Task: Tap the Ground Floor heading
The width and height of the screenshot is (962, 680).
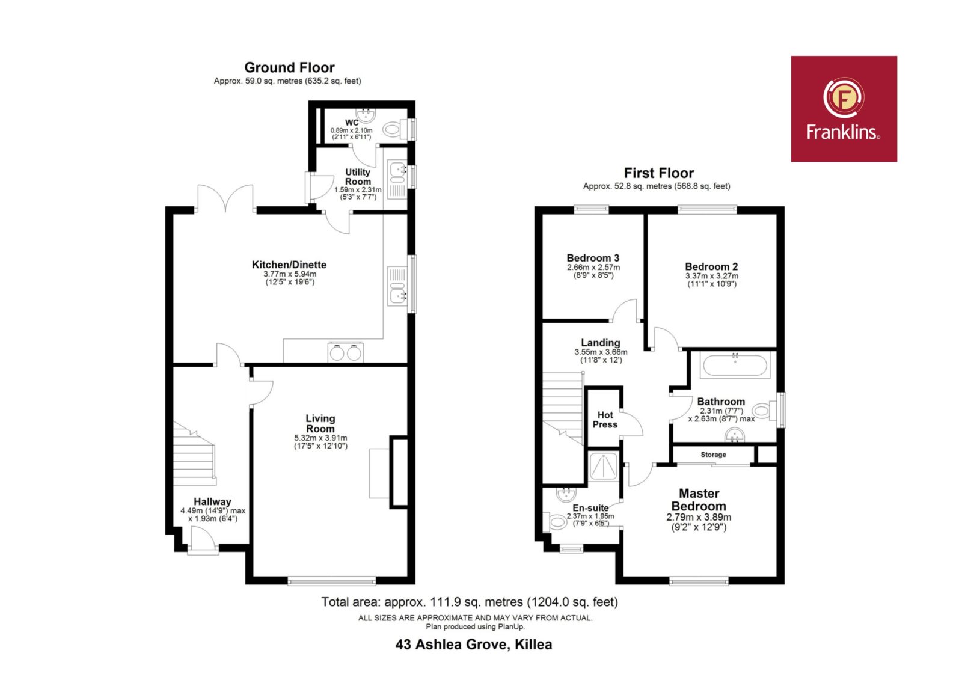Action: [x=289, y=67]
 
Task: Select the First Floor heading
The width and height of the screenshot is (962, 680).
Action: [x=658, y=173]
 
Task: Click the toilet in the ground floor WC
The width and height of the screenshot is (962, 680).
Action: [x=395, y=129]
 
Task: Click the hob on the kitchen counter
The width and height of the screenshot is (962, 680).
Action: [x=345, y=352]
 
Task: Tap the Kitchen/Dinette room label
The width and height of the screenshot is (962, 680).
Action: [x=289, y=265]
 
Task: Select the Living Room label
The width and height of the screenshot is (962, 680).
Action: [x=320, y=423]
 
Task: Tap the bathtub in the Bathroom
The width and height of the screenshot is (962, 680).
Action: [x=735, y=366]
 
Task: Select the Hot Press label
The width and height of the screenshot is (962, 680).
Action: [x=605, y=420]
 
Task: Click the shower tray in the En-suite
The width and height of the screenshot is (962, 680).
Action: [x=604, y=465]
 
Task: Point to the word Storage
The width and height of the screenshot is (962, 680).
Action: [x=713, y=455]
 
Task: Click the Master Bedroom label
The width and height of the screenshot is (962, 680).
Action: [x=699, y=500]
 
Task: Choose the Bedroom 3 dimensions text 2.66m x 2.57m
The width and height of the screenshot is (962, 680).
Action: [x=593, y=267]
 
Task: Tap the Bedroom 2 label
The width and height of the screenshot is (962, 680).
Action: [x=711, y=266]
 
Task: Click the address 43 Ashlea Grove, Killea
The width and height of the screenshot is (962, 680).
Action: [x=474, y=645]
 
